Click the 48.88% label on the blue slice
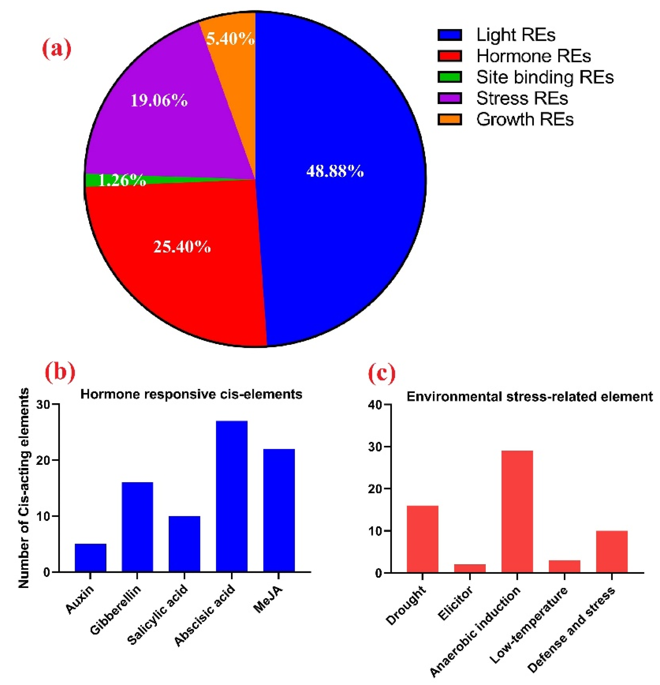click(x=335, y=171)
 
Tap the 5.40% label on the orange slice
click(x=230, y=39)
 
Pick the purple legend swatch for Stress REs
click(x=450, y=98)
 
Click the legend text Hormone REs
click(x=533, y=56)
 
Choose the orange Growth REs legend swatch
click(x=450, y=119)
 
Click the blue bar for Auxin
click(x=90, y=558)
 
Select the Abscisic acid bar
click(x=232, y=496)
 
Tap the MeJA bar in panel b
click(x=279, y=510)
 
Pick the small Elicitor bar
click(x=470, y=568)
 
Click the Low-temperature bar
click(x=564, y=566)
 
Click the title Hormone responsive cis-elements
click(x=191, y=394)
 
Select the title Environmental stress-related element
click(x=529, y=397)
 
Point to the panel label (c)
click(x=382, y=373)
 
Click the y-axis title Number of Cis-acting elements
click(x=24, y=488)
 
